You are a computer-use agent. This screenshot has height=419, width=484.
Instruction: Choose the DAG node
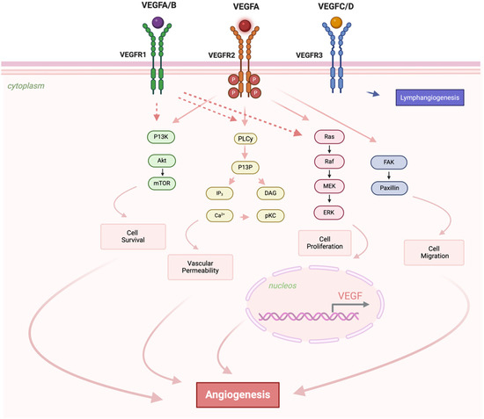tap(271, 192)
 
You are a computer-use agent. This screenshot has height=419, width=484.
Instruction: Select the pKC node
tap(271, 215)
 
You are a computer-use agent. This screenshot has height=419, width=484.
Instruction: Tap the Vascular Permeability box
tap(207, 265)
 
